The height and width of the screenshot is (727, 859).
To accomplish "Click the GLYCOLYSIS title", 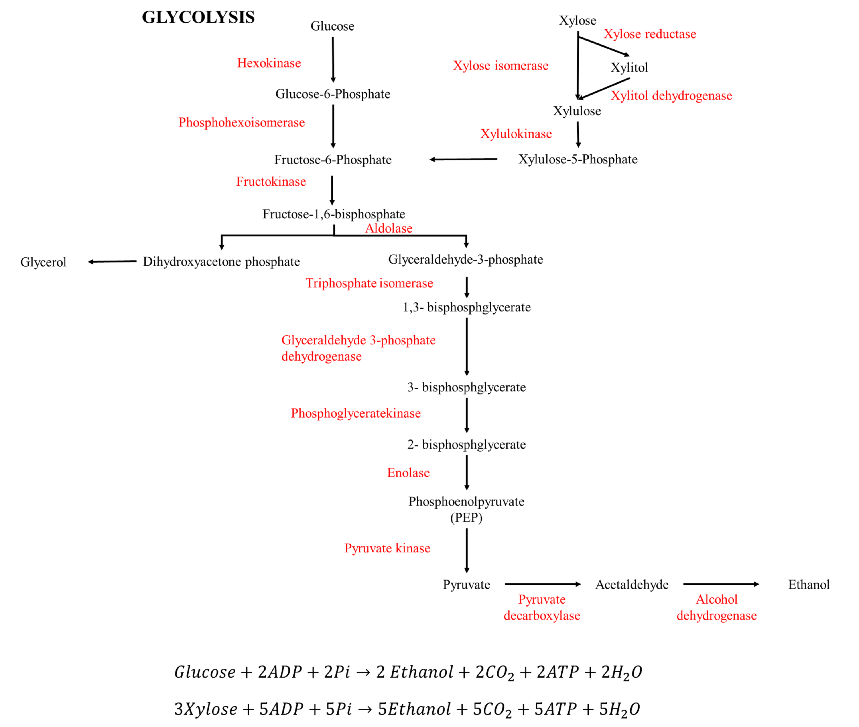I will [198, 17].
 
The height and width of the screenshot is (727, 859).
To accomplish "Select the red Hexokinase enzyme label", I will [269, 63].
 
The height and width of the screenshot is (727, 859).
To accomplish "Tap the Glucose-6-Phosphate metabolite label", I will [332, 94].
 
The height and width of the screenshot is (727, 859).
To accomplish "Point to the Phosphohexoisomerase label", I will [241, 122].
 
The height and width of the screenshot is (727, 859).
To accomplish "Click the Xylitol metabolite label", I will [629, 67].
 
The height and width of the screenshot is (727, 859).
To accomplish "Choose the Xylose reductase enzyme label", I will [649, 34].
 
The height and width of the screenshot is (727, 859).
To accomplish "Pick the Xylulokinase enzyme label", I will [516, 133].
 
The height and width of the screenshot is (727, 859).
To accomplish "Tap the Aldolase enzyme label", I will [388, 228].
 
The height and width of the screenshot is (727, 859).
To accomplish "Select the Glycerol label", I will [43, 262].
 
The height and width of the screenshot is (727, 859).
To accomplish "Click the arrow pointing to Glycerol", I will [112, 261].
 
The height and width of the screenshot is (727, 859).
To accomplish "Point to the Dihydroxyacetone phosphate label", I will [221, 262].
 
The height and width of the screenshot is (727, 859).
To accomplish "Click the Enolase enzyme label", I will [408, 473].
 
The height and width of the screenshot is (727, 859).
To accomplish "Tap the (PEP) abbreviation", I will [466, 517].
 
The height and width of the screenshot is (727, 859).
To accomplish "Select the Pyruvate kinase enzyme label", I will [387, 548].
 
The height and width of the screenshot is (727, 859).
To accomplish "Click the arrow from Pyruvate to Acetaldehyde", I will [542, 584].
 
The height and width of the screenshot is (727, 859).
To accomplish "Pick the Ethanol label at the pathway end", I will [808, 584].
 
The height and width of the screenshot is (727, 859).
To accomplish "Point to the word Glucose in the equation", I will [205, 672].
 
